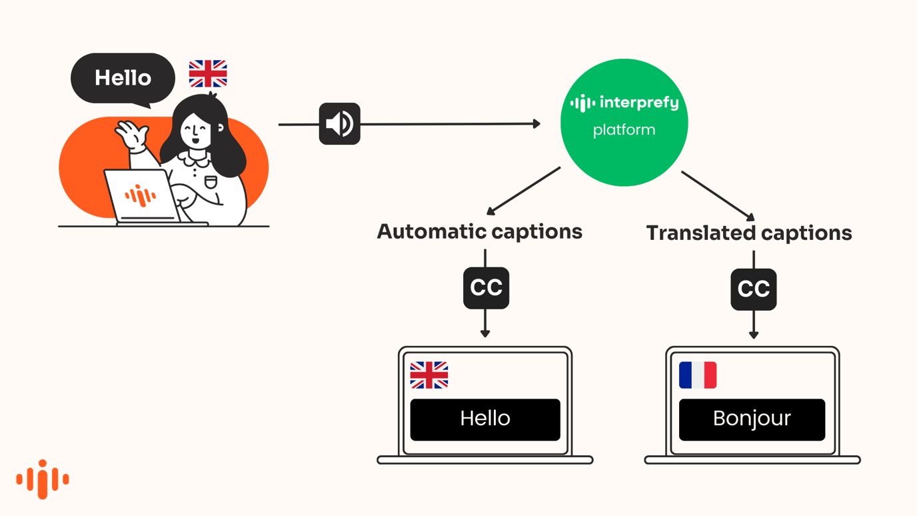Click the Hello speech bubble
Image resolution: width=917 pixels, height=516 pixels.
(123, 78)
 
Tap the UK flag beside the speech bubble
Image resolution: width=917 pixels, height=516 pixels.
(208, 73)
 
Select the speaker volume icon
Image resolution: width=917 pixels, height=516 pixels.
(339, 124)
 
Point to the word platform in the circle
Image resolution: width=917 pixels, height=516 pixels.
(624, 130)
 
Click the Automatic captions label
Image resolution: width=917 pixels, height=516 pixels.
(479, 232)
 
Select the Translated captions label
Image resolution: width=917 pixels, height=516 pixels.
(748, 233)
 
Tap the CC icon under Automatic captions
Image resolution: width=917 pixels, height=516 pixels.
(486, 288)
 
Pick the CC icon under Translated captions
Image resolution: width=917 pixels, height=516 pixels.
(753, 289)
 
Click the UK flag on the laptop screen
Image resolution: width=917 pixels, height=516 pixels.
(429, 375)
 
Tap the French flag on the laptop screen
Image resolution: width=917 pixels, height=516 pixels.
(697, 375)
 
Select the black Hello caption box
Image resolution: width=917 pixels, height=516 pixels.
(484, 419)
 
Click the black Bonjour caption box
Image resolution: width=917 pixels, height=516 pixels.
(752, 419)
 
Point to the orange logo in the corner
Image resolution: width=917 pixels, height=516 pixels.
(43, 479)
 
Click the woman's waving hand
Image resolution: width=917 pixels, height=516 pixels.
(131, 135)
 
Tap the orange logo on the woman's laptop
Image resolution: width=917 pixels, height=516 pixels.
(140, 196)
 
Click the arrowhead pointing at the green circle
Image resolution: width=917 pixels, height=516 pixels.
(536, 123)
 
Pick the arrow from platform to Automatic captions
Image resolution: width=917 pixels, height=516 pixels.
(524, 191)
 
